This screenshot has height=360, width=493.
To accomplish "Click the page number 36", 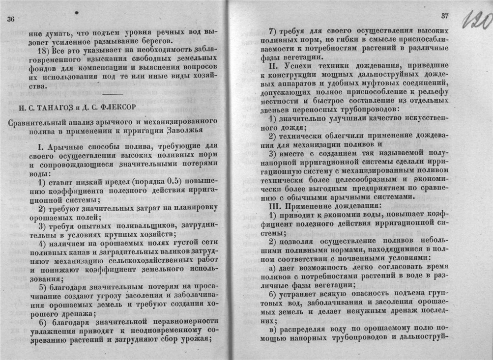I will pyautogui.click(x=11, y=19).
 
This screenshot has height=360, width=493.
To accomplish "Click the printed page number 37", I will pyautogui.click(x=445, y=16).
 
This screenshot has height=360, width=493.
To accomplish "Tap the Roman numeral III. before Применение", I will pyautogui.click(x=268, y=205).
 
